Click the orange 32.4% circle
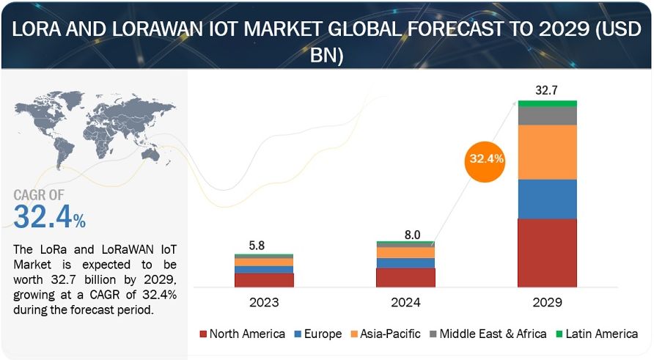pos(485,158)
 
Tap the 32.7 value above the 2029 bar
pos(547,91)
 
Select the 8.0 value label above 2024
pos(412,235)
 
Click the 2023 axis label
pos(264,301)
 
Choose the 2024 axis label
pos(405,301)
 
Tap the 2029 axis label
pos(547,301)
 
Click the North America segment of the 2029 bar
pos(547,252)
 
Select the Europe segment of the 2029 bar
pos(547,199)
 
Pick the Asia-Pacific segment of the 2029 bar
pos(547,153)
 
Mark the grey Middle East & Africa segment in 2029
pos(547,116)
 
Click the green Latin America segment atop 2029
pos(547,103)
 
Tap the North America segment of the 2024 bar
pos(405,277)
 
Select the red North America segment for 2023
pos(264,279)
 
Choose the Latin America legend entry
pos(599,334)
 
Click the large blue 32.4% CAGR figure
pos(50,218)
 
